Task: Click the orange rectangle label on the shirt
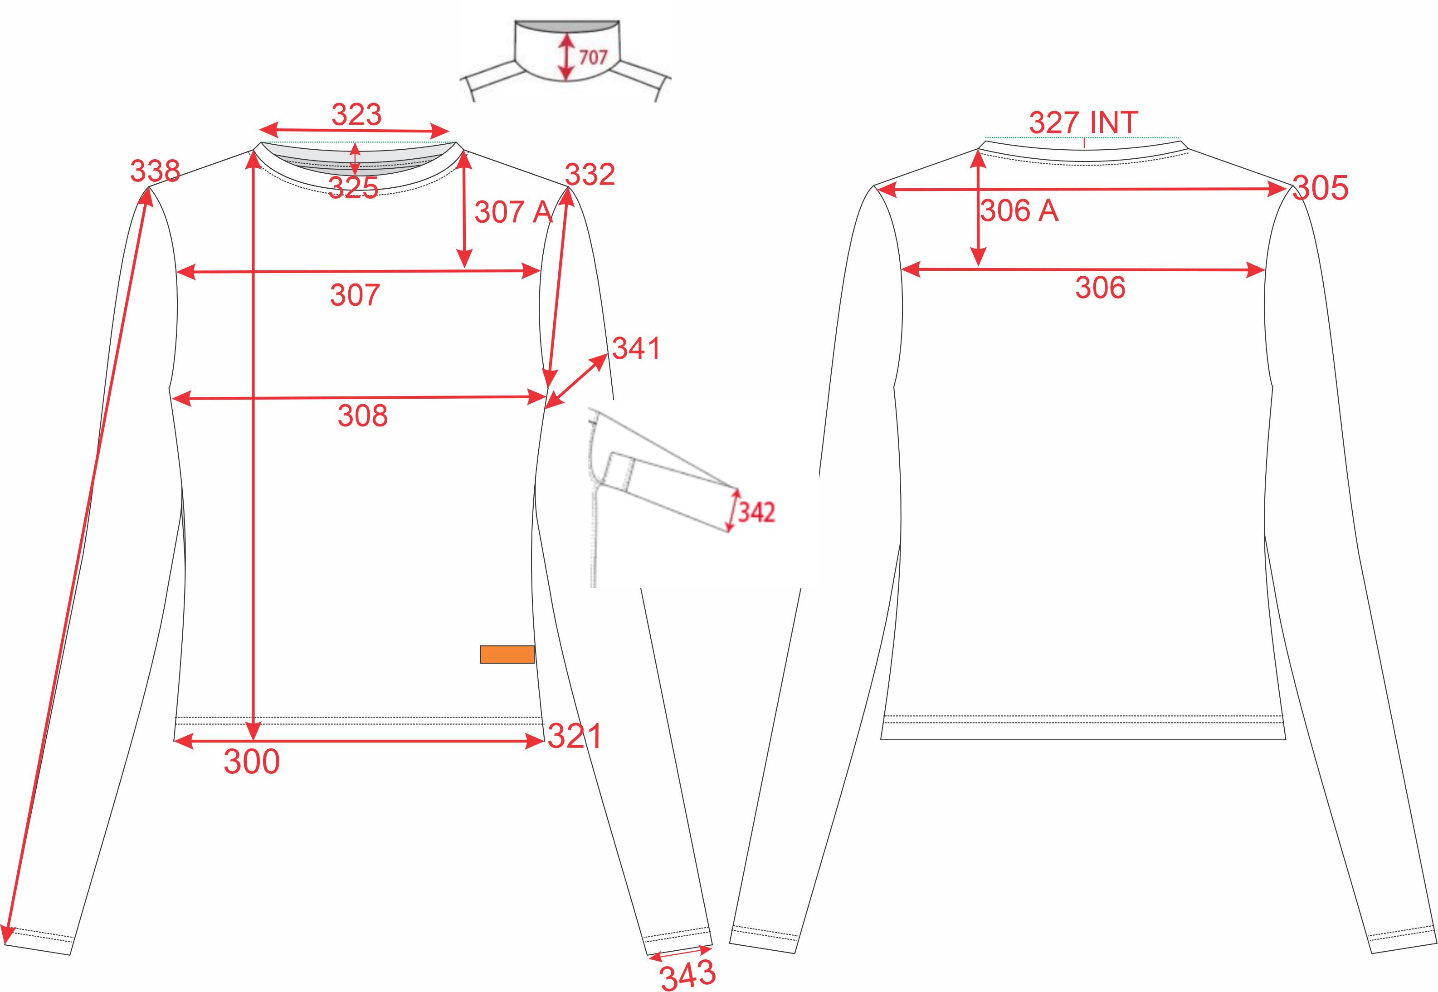507,655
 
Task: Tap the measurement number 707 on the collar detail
593,57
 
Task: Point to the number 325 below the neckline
353,188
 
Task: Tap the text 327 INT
1084,122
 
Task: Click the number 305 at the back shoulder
1321,188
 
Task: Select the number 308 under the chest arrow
363,416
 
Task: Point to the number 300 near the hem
252,762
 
